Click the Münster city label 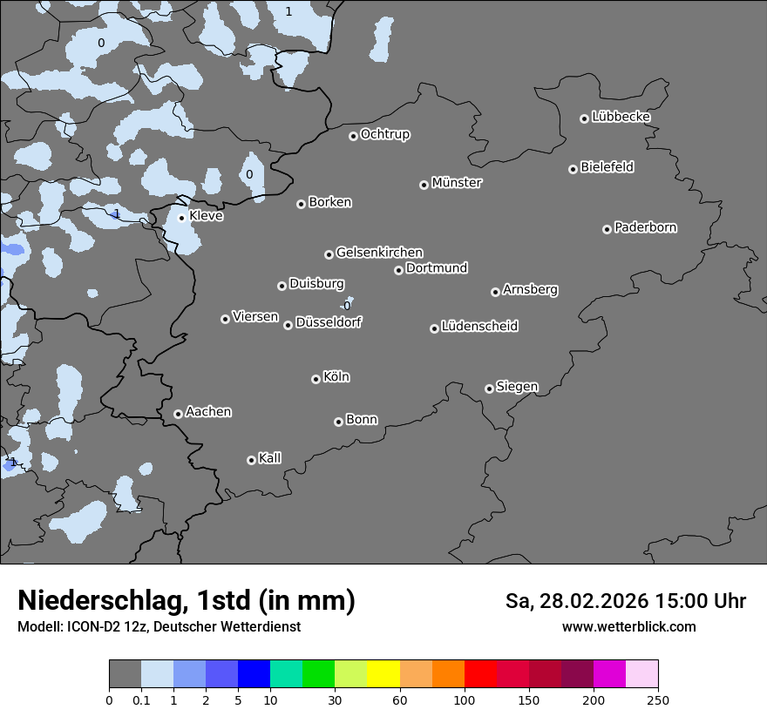point(457,183)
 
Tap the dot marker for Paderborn point(607,229)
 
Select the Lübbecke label point(621,117)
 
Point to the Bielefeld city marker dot point(574,169)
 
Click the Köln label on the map point(336,377)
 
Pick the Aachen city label point(208,412)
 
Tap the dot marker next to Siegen point(489,389)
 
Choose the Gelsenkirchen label point(379,253)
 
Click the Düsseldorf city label point(329,322)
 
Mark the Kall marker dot point(251,460)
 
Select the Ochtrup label point(385,134)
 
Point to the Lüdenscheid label point(479,327)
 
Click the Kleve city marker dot point(181,218)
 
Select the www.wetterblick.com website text point(628,627)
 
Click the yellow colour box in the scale point(383,674)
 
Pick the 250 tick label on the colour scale point(658,699)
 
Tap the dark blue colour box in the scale point(255,674)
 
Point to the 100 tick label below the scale point(465,699)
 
